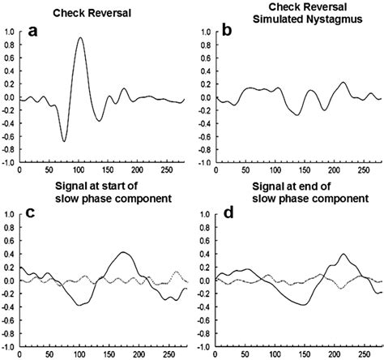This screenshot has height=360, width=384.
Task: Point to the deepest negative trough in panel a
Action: click(x=63, y=141)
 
